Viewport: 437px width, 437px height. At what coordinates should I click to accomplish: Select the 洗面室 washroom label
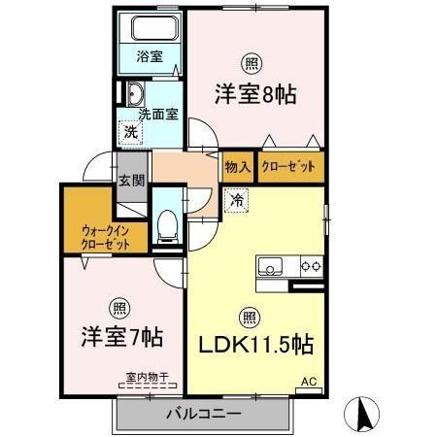pyautogui.click(x=157, y=114)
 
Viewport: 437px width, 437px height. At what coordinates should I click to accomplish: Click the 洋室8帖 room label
pyautogui.click(x=254, y=95)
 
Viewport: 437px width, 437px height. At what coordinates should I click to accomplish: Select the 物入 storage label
pyautogui.click(x=239, y=166)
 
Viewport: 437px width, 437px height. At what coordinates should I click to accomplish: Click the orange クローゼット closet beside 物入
pyautogui.click(x=288, y=166)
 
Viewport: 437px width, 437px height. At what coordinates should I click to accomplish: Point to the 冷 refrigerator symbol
pyautogui.click(x=237, y=201)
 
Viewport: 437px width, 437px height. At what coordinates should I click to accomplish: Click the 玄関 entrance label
pyautogui.click(x=131, y=181)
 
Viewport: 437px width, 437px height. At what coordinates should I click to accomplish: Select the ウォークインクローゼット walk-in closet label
pyautogui.click(x=107, y=237)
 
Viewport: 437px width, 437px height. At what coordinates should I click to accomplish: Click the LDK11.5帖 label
pyautogui.click(x=256, y=345)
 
